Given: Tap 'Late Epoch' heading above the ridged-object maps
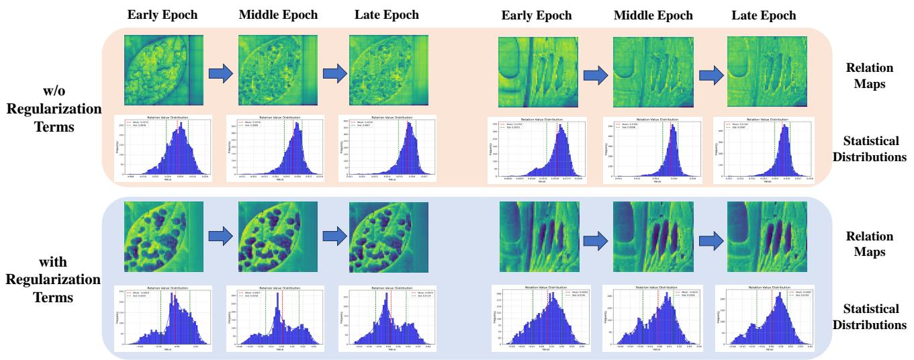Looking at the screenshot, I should click(764, 15).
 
